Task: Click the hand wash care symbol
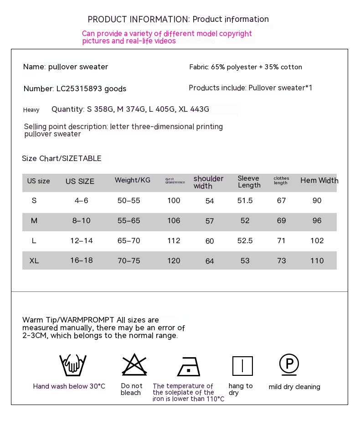click(x=73, y=365)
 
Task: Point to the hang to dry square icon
click(x=242, y=366)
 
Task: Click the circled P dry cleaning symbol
click(x=289, y=364)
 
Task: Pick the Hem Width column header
click(x=319, y=181)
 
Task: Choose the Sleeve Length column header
click(x=249, y=182)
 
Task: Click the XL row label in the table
click(x=34, y=261)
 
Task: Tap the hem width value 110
click(x=317, y=261)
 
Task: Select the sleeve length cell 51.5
click(x=245, y=201)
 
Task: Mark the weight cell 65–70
click(x=129, y=241)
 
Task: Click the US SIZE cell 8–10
click(x=81, y=221)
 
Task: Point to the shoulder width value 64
click(x=210, y=261)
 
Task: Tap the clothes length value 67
click(x=281, y=201)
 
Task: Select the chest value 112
click(x=174, y=241)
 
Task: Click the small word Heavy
click(x=31, y=110)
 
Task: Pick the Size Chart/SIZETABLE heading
click(x=62, y=159)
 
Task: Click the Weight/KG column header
click(x=132, y=181)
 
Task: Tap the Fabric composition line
click(x=245, y=67)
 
